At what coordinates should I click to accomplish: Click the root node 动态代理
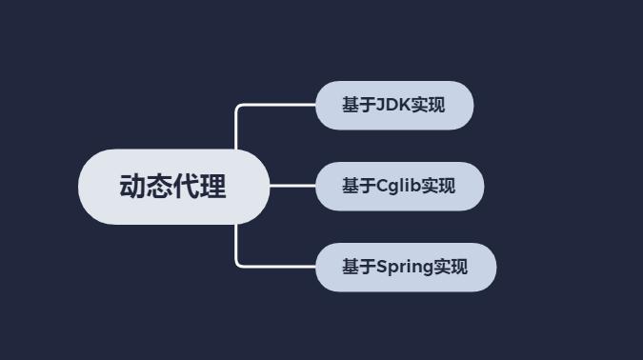[173, 187]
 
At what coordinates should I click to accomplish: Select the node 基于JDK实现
[394, 106]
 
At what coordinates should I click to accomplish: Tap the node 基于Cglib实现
[399, 187]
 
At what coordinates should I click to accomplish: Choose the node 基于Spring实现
[406, 268]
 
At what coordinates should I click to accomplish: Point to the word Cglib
[398, 187]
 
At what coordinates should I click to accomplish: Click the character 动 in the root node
[132, 187]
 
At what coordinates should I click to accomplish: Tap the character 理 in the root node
[213, 187]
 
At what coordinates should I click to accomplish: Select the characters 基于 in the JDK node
[359, 106]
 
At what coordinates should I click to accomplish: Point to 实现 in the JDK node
[428, 106]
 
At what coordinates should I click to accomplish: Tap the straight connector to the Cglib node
[292, 187]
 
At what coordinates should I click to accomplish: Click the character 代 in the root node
[187, 187]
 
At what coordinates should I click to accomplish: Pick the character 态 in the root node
[160, 187]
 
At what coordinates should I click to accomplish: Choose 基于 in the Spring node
[359, 268]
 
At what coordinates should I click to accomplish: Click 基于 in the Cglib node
[359, 187]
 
